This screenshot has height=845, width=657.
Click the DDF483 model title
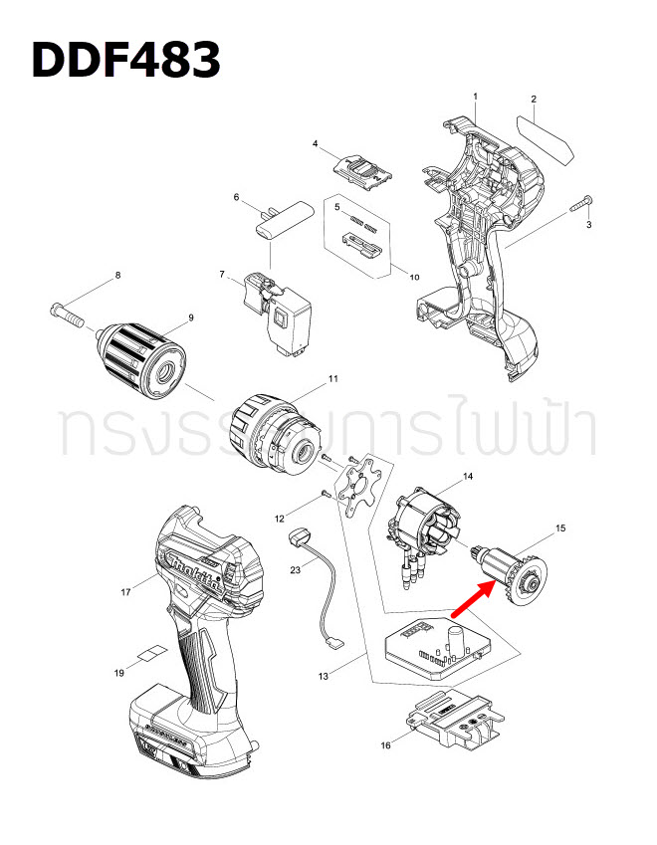click(x=126, y=60)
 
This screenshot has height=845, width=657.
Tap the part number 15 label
click(x=560, y=528)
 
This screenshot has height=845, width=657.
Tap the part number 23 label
click(x=295, y=570)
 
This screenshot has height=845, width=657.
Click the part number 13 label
click(x=324, y=676)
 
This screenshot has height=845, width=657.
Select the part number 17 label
click(x=126, y=592)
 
